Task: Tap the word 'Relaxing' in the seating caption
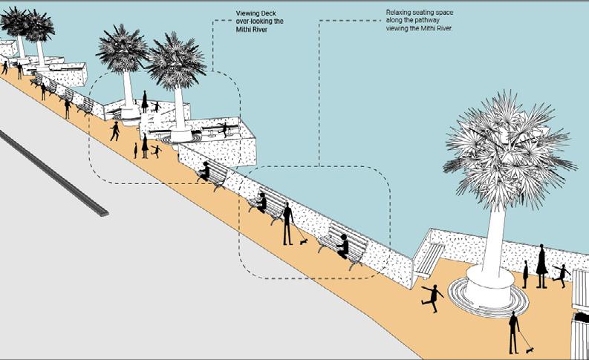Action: [x=400, y=13]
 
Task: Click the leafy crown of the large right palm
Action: [x=505, y=148]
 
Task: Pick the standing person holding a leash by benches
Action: [x=287, y=223]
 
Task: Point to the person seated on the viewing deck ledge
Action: [x=224, y=128]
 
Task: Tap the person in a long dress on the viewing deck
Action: [x=144, y=102]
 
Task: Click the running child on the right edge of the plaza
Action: [x=562, y=275]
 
